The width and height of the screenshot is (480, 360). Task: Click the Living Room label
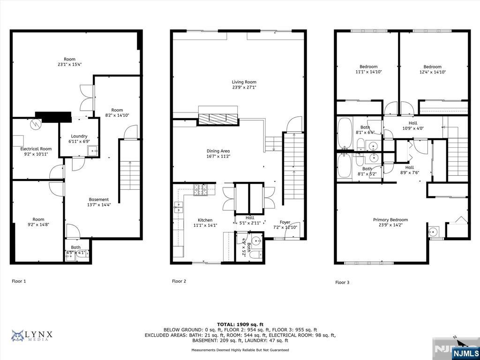coord(244,82)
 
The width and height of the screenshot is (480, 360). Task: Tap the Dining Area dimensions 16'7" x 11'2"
coord(218,156)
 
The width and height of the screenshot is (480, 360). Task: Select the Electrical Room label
coord(36,149)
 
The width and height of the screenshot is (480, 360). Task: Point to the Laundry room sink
coord(93,151)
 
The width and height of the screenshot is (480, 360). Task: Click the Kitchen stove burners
coord(201,190)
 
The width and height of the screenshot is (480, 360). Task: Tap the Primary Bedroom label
coord(390,220)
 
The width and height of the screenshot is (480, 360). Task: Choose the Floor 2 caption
coord(179,281)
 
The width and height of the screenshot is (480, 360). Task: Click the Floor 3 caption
coord(342,283)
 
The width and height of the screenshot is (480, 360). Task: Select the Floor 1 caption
coord(19,281)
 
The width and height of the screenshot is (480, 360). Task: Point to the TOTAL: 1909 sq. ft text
coord(240,324)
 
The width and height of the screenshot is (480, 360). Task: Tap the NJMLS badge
coord(465,352)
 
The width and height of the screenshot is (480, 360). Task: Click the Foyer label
coord(285,222)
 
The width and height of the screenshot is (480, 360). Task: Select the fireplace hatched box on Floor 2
coord(218,119)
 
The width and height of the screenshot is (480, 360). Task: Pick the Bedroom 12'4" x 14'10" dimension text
coord(433,72)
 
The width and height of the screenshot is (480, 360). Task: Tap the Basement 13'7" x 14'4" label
coord(99,202)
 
